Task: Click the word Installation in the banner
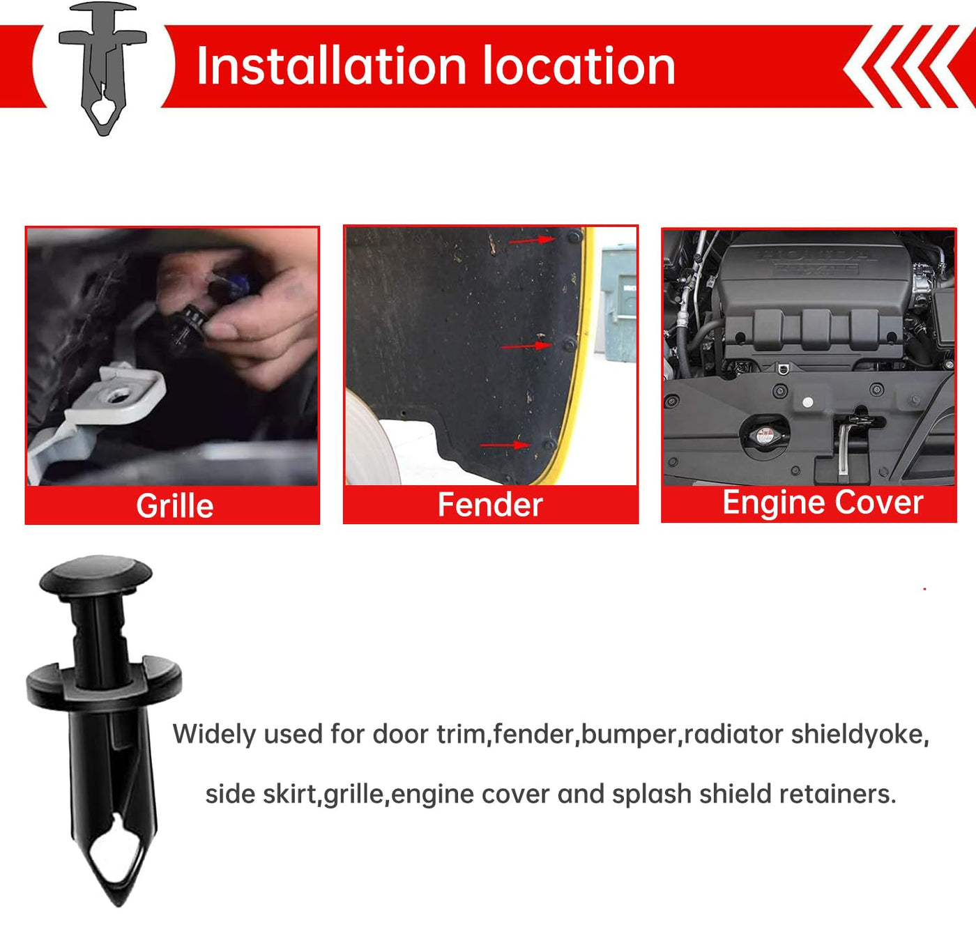click(332, 66)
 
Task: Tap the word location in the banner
click(579, 66)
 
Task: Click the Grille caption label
click(174, 505)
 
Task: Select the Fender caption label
click(490, 504)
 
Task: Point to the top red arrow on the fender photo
click(532, 240)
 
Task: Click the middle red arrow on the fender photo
click(526, 346)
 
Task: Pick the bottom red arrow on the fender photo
click(505, 445)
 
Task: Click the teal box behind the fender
click(619, 303)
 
